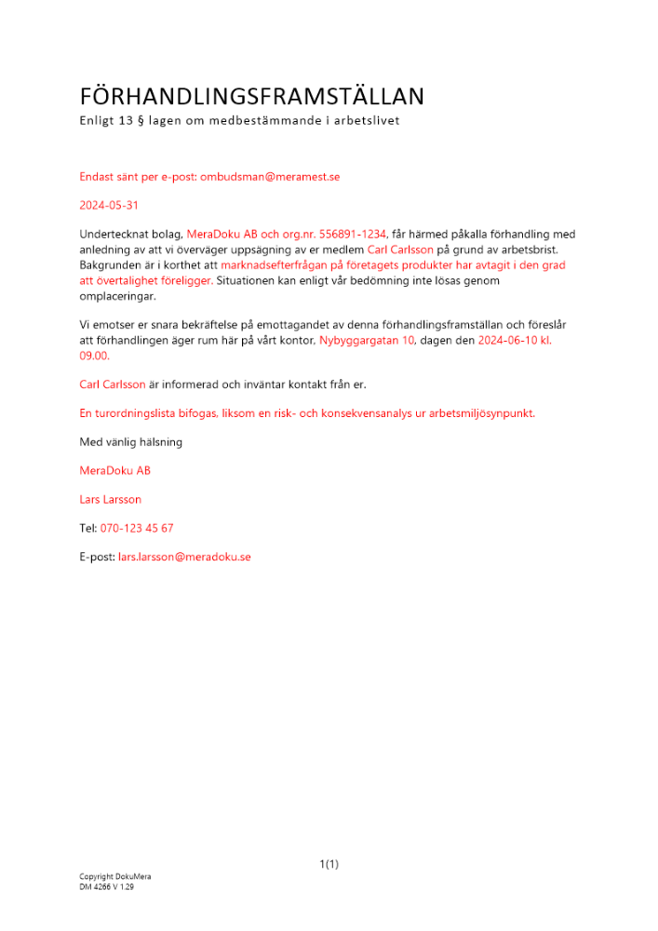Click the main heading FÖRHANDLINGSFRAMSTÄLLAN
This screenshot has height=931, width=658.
[251, 96]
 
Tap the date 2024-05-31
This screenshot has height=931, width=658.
[110, 205]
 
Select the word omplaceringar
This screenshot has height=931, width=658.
[118, 295]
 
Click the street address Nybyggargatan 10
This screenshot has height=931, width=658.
[366, 340]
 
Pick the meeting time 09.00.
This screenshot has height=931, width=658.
[94, 355]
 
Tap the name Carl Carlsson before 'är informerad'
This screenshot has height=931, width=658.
[113, 384]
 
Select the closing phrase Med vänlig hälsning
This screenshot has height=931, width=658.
[130, 441]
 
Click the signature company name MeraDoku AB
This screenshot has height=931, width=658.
[115, 470]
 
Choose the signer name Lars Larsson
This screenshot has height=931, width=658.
[111, 499]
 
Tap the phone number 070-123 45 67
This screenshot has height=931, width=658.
[137, 528]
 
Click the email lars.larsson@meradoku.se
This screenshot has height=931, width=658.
[184, 557]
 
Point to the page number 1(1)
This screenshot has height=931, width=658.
[329, 864]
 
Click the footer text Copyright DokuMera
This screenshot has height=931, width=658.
[114, 877]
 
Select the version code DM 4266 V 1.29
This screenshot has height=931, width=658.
[107, 887]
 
